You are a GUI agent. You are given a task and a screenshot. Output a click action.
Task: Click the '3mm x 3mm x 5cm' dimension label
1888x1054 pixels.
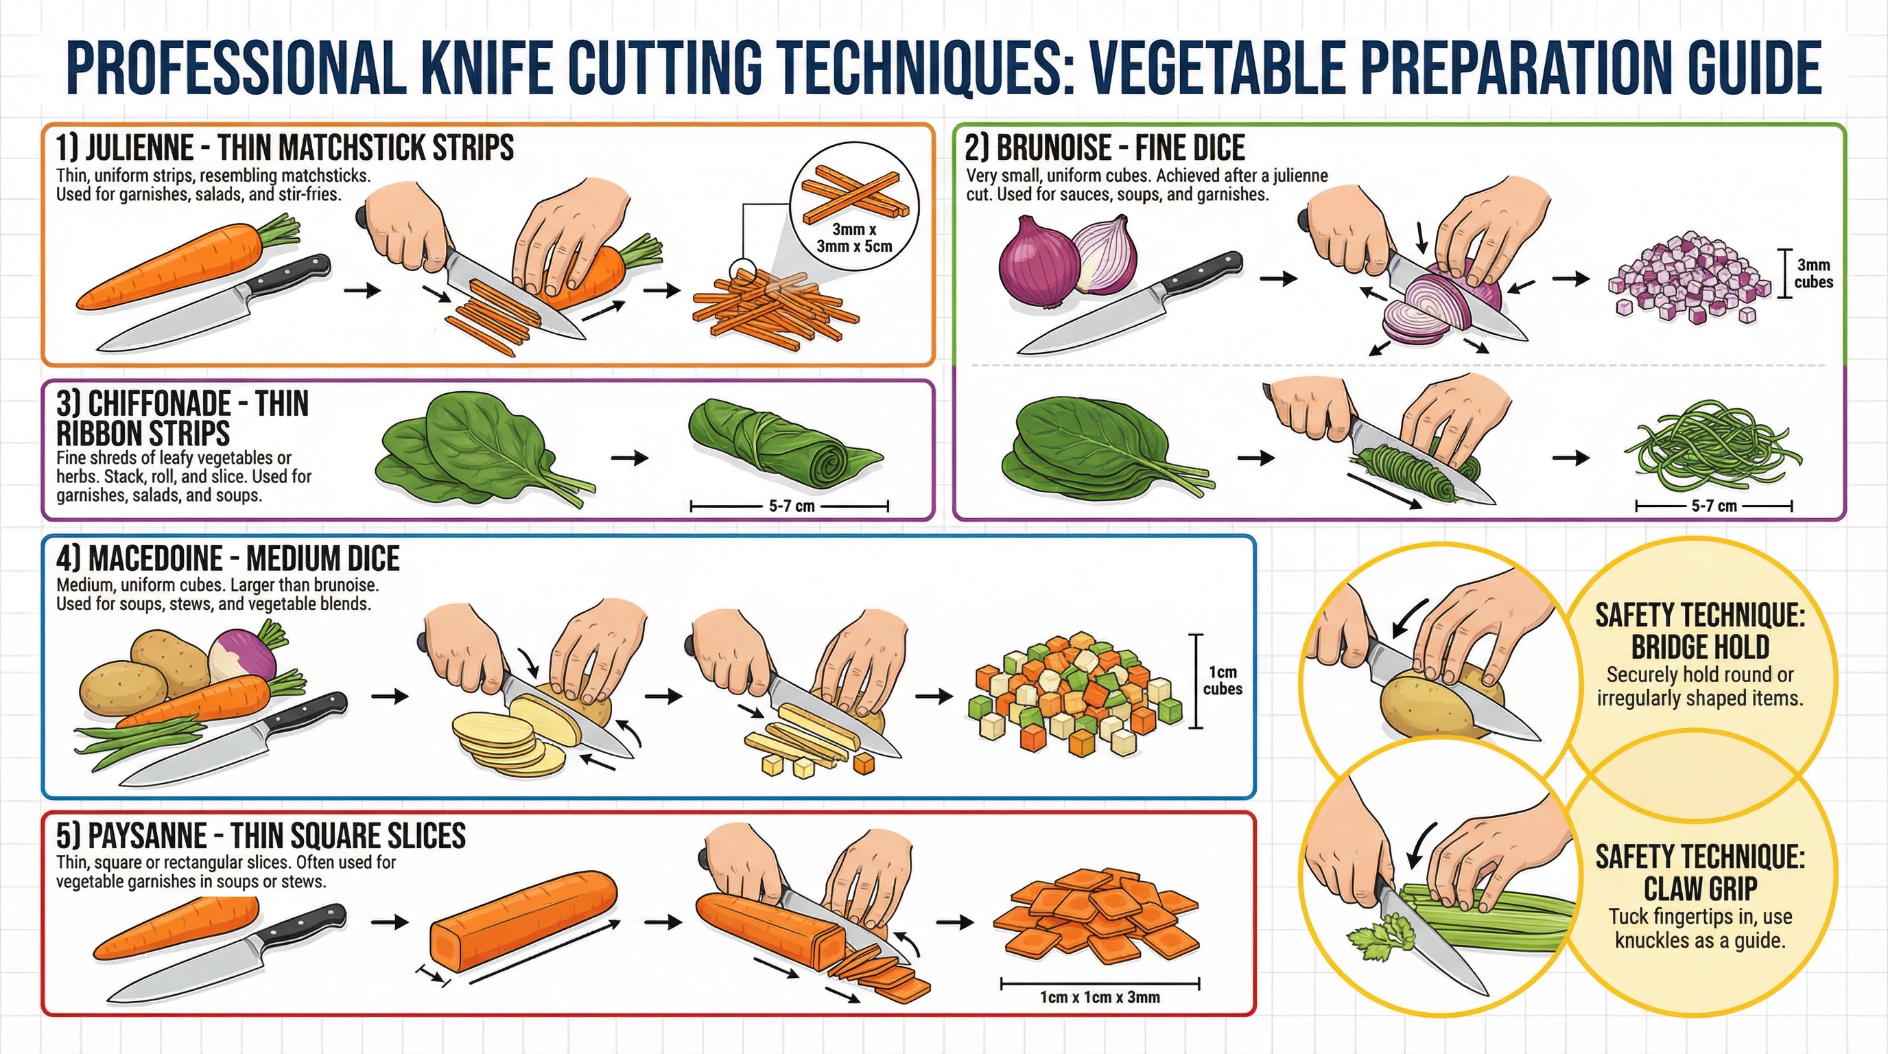pos(854,238)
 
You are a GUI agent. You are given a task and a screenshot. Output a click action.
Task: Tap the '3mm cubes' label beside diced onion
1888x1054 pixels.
pos(1813,273)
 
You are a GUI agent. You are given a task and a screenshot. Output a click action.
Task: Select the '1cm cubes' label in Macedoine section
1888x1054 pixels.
pos(1222,680)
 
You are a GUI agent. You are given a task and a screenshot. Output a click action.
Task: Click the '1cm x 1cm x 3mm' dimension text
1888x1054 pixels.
pos(1099,997)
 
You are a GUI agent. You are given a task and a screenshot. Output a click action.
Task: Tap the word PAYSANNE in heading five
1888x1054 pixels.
pos(147,836)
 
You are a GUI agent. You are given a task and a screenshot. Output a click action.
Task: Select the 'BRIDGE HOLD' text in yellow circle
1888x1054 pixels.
pos(1699,647)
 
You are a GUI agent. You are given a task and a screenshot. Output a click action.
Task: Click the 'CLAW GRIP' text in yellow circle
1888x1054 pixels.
pos(1699,889)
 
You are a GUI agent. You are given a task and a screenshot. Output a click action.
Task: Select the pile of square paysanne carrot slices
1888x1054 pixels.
pos(1096,916)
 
